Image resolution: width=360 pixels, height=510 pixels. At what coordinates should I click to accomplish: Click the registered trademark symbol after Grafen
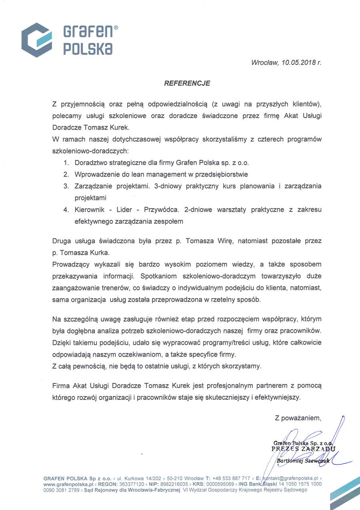[x=116, y=28]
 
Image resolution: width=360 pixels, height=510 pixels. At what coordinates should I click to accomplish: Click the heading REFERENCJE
[x=187, y=84]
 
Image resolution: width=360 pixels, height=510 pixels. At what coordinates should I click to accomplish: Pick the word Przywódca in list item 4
[x=160, y=209]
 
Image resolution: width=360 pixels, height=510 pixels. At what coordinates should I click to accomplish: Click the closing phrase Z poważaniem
[x=298, y=418]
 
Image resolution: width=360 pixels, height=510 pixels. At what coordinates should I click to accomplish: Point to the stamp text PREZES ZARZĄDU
[x=303, y=449]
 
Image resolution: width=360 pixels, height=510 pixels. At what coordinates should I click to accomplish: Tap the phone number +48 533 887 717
[x=232, y=478]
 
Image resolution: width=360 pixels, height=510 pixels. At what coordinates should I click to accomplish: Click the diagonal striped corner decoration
[x=345, y=495]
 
